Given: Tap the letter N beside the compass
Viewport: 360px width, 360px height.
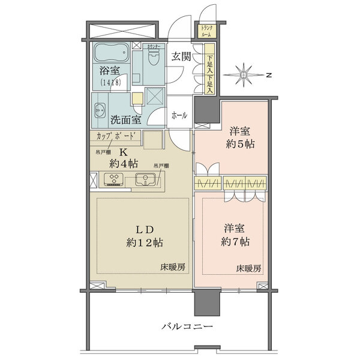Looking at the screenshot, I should click(x=269, y=75).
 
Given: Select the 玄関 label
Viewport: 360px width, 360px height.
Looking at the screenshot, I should click(x=181, y=57).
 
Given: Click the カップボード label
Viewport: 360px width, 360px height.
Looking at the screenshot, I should click(x=116, y=136).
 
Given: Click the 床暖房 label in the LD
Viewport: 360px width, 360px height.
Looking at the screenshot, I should click(x=172, y=266).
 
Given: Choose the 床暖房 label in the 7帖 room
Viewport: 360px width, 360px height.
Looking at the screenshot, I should click(x=248, y=268).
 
